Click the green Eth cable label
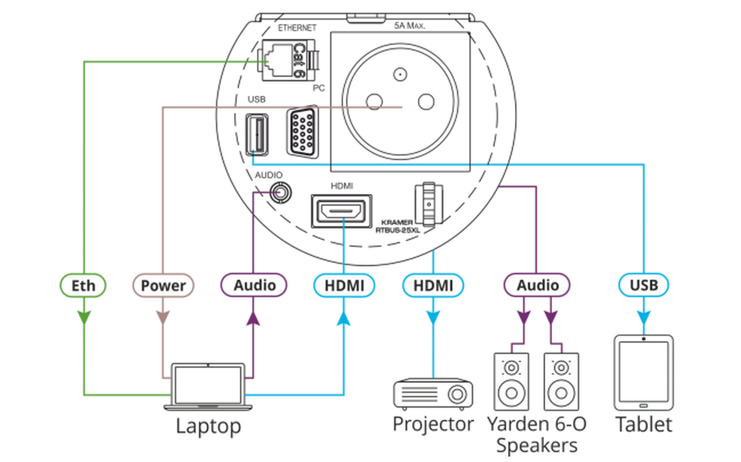(83, 285)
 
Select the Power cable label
(163, 285)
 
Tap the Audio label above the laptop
(254, 285)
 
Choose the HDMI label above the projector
(433, 285)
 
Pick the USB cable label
(643, 285)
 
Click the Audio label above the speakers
(537, 285)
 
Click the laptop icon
(208, 387)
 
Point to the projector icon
(433, 394)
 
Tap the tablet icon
(643, 372)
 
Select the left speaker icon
(511, 381)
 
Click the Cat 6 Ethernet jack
(288, 61)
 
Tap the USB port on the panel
(257, 135)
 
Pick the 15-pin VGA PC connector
(303, 132)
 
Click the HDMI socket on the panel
(341, 211)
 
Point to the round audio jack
(280, 193)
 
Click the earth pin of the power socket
(400, 75)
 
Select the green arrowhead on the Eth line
(84, 317)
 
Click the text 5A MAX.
(409, 25)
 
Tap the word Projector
(433, 424)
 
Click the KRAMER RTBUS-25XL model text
(397, 226)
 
